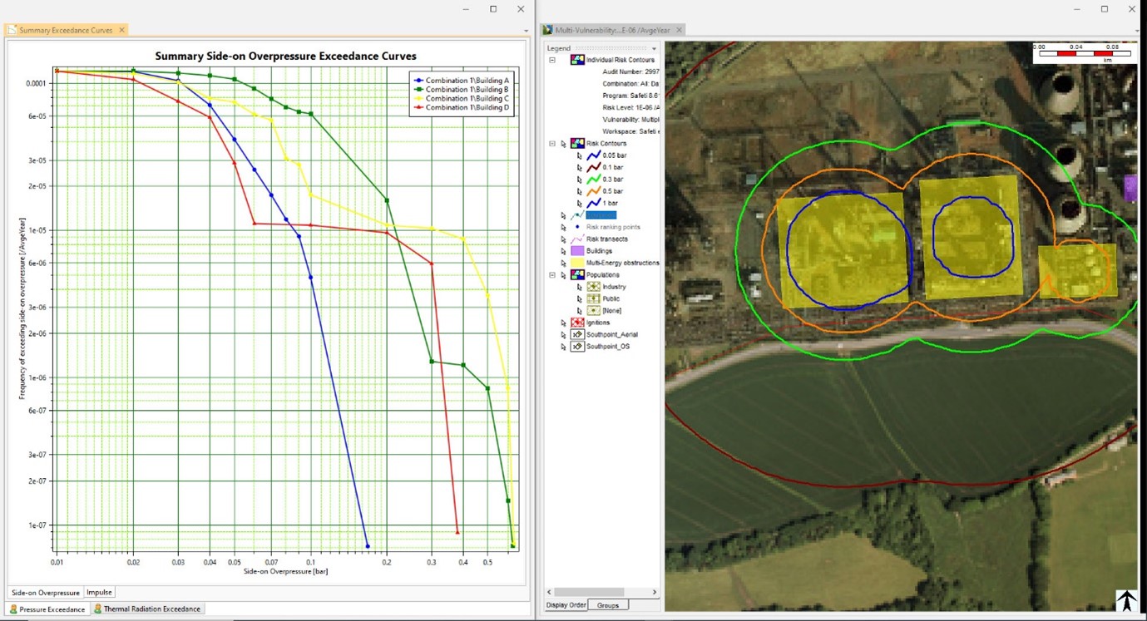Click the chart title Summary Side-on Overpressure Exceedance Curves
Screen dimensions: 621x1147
pyautogui.click(x=285, y=57)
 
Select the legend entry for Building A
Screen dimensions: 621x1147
pyautogui.click(x=467, y=80)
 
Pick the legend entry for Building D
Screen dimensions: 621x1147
pyautogui.click(x=467, y=108)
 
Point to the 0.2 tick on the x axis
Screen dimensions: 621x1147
pyautogui.click(x=387, y=563)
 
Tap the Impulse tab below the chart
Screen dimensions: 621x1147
pyautogui.click(x=99, y=593)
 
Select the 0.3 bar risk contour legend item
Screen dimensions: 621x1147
pyautogui.click(x=612, y=180)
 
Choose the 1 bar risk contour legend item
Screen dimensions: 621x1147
pyautogui.click(x=611, y=204)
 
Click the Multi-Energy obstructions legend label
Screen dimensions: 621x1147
pyautogui.click(x=622, y=263)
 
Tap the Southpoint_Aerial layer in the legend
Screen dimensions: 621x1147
pyautogui.click(x=611, y=335)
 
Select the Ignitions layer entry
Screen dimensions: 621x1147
pyautogui.click(x=597, y=323)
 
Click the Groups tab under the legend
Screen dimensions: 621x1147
pyautogui.click(x=607, y=605)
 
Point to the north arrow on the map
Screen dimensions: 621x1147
pyautogui.click(x=1126, y=600)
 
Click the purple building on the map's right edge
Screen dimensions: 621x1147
pyautogui.click(x=1130, y=188)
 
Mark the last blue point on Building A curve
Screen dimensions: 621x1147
pyautogui.click(x=368, y=546)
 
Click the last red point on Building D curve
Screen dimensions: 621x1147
pyautogui.click(x=457, y=532)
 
